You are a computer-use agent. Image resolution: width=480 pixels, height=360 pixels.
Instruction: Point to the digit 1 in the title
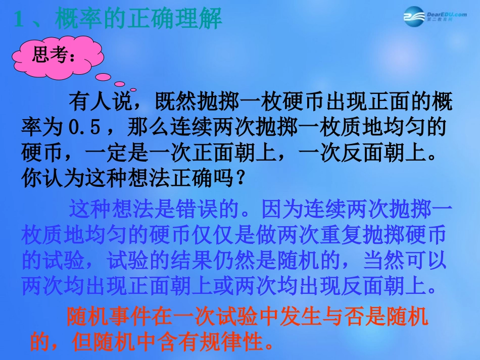coord(19,20)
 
